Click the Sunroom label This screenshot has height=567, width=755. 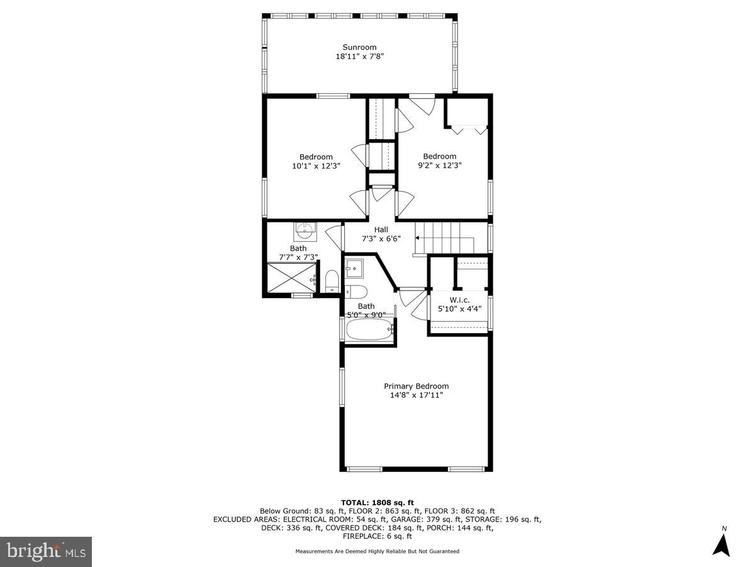359,47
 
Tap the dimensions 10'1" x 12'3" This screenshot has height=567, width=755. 316,166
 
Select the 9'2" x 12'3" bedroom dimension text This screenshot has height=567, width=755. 439,166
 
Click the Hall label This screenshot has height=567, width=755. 381,230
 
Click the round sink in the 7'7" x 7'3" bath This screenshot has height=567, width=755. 306,231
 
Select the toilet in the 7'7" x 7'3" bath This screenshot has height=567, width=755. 332,280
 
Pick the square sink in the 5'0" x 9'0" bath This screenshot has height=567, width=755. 354,268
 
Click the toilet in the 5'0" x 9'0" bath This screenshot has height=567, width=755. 356,291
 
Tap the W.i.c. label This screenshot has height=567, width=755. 459,300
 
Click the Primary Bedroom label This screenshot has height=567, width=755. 417,386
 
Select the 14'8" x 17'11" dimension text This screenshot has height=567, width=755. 417,396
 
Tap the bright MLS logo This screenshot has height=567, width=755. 46,552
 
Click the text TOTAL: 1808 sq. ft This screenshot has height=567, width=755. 377,502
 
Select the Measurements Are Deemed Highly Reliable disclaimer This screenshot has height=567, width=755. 377,551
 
